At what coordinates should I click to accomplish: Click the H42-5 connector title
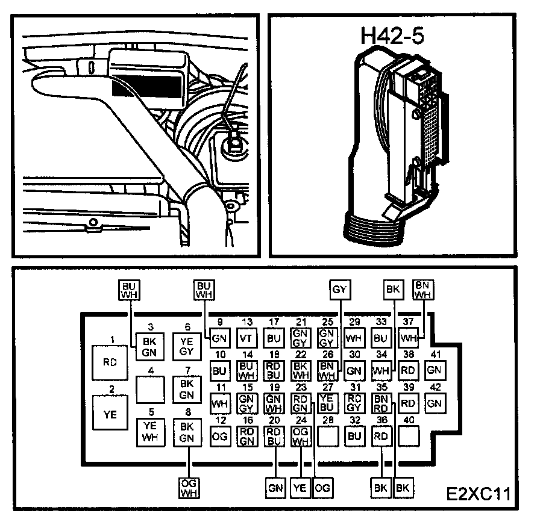[x=392, y=36]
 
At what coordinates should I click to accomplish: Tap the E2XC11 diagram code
[x=479, y=495]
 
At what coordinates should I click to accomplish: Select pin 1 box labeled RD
[x=110, y=362]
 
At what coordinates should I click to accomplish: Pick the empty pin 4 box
[x=149, y=388]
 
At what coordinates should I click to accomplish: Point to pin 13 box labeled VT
[x=246, y=338]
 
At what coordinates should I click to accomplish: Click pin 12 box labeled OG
[x=220, y=436]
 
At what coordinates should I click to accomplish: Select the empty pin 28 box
[x=327, y=436]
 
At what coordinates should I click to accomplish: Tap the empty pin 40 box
[x=409, y=436]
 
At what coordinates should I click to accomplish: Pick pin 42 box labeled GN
[x=435, y=403]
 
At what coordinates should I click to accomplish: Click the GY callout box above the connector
[x=340, y=290]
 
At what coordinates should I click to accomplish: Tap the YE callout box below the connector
[x=300, y=487]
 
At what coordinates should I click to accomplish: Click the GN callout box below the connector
[x=275, y=487]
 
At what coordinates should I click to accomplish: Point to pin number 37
[x=408, y=322]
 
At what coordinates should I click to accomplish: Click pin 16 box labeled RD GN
[x=246, y=436]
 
